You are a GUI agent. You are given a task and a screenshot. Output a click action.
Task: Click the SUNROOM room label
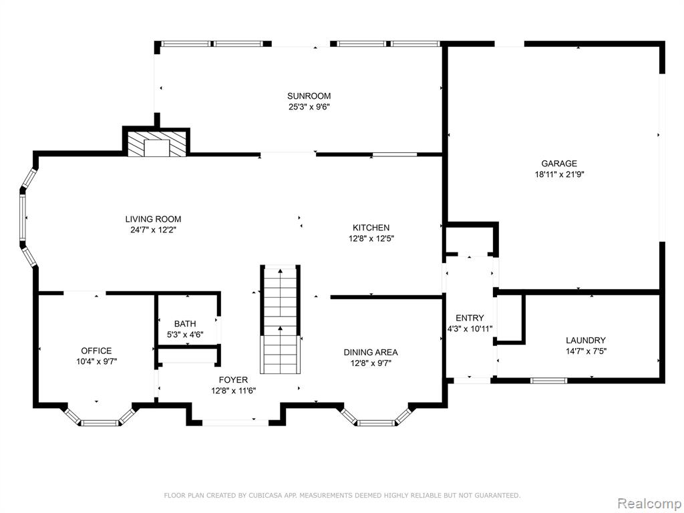point(309,96)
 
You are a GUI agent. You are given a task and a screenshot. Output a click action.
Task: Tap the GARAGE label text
point(559,164)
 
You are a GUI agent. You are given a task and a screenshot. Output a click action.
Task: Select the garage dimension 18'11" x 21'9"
point(559,174)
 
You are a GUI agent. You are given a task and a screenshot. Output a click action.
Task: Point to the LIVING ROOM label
point(153,219)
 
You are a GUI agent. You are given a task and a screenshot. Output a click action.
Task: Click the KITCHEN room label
point(371,227)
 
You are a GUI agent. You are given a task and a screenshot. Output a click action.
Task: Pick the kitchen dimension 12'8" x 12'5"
point(371,238)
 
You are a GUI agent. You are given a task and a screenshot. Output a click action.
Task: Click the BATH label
point(185,324)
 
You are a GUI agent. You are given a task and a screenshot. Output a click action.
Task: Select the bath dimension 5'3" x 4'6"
point(185,335)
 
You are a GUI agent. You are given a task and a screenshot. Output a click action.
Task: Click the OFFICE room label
point(96,351)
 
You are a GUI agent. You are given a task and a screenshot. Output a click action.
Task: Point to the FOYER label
point(233,380)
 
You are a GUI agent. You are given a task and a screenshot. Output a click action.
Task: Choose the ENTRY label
point(470,318)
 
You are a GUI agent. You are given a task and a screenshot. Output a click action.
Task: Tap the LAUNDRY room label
point(586,340)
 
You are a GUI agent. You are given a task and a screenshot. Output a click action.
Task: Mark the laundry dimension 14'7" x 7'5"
point(586,351)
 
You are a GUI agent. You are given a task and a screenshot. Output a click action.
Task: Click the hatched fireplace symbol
point(156,144)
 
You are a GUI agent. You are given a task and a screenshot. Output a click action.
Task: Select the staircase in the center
point(281,319)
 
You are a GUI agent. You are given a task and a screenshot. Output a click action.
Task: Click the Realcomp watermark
point(649,503)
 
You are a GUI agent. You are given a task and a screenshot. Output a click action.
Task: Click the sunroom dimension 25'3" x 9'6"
point(309,107)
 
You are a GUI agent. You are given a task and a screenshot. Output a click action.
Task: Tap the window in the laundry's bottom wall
point(549,380)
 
